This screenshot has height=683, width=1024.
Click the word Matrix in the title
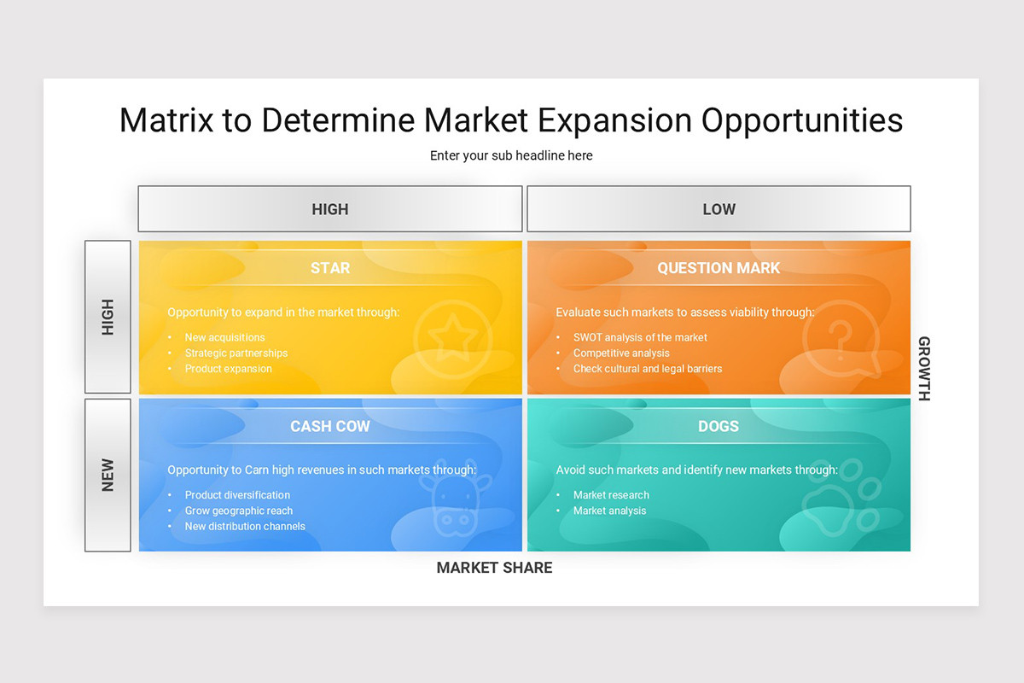(166, 120)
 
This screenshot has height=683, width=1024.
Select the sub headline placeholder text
(511, 155)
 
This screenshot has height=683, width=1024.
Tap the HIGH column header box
(330, 209)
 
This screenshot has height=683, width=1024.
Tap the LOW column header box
(719, 209)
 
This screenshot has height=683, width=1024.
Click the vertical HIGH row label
(108, 317)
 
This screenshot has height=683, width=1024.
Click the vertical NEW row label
(108, 475)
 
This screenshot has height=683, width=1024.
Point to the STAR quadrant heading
(330, 268)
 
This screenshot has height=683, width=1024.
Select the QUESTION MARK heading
(719, 268)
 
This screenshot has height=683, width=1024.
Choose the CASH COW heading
(330, 426)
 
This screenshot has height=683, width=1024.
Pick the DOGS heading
(719, 426)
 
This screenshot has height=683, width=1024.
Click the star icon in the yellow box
(453, 337)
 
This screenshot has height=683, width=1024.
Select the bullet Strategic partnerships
(236, 353)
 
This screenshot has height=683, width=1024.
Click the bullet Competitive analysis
(621, 353)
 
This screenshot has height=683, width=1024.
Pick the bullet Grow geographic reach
(239, 511)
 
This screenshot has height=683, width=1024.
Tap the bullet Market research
(611, 495)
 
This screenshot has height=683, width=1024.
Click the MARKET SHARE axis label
(494, 568)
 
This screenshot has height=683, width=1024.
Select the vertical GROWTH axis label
(923, 369)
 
